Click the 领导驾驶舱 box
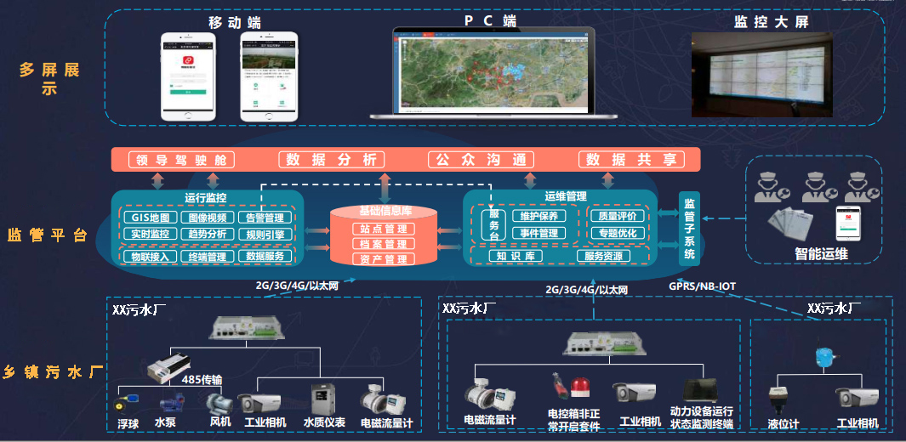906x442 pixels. [x=179, y=160]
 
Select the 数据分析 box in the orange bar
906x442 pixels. [x=331, y=160]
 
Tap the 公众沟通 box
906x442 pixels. [x=481, y=160]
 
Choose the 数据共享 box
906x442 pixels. [x=631, y=160]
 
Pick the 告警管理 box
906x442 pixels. [x=265, y=218]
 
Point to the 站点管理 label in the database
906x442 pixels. [x=383, y=229]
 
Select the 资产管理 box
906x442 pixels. [x=383, y=259]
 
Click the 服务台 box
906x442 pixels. [x=492, y=224]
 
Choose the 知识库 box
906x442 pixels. [x=515, y=256]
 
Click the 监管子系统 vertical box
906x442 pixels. [x=689, y=229]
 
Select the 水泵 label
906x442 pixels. [x=166, y=422]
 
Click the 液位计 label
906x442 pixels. [x=783, y=422]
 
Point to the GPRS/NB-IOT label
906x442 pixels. [x=703, y=286]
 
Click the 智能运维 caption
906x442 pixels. [x=823, y=253]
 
